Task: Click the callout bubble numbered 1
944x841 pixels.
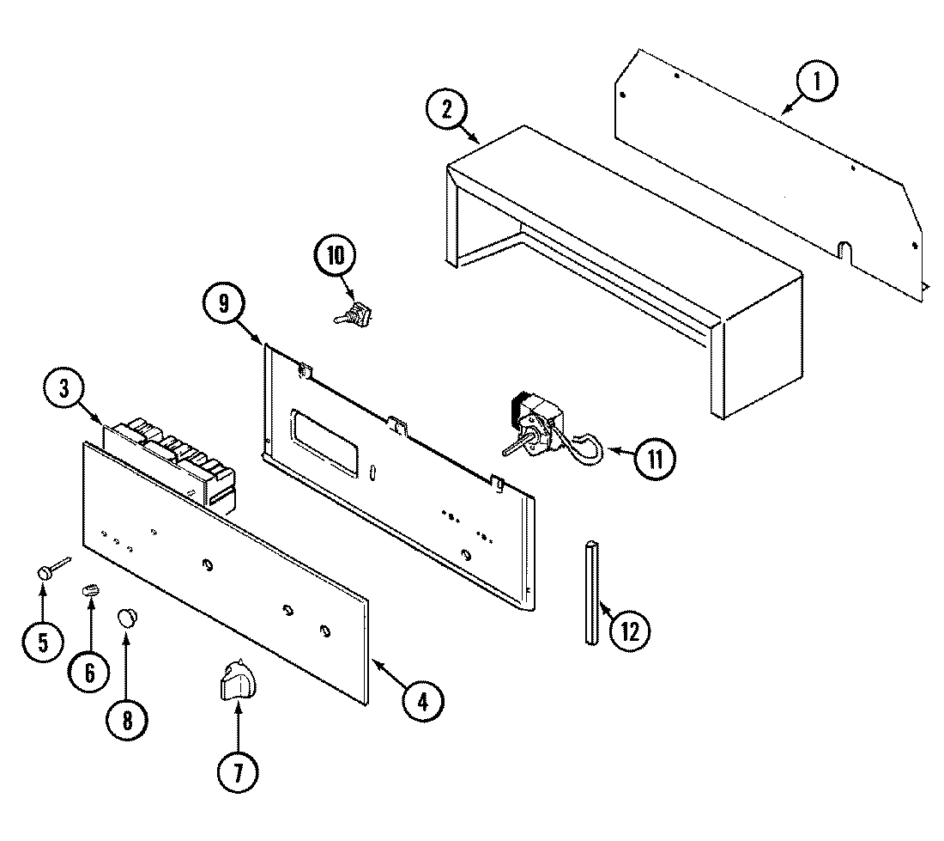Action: [x=816, y=83]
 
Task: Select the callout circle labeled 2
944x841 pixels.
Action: [x=447, y=109]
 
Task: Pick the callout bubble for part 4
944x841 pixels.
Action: [x=421, y=699]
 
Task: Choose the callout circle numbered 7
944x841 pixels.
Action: [x=237, y=773]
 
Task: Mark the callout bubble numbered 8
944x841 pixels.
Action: [x=128, y=718]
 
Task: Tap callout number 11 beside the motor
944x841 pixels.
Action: [x=655, y=459]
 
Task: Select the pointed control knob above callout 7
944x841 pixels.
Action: [x=236, y=682]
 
